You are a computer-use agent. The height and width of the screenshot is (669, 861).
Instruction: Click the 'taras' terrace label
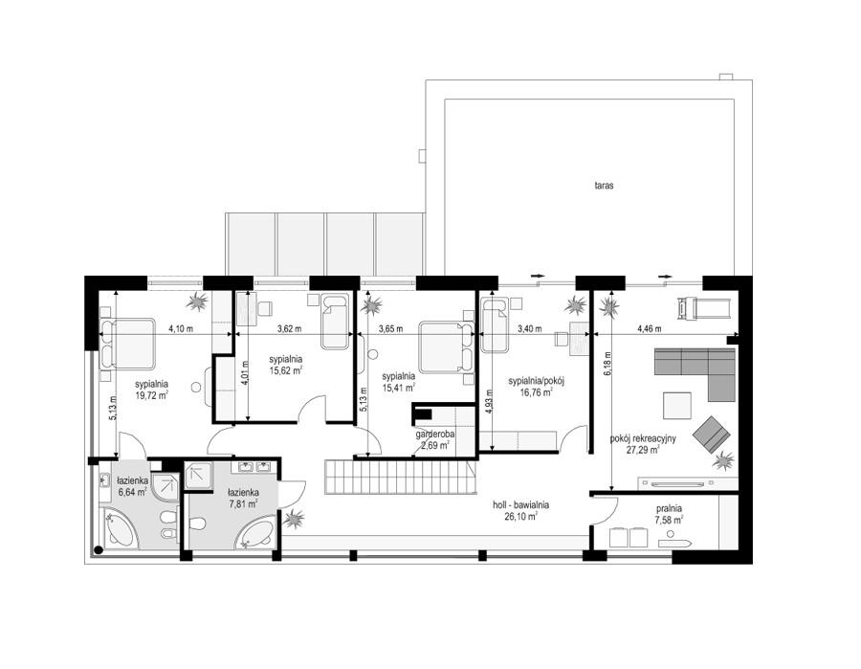[604, 186]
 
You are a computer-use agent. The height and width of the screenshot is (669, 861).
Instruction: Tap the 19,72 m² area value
[151, 393]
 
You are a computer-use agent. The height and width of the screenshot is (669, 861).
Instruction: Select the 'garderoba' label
[435, 435]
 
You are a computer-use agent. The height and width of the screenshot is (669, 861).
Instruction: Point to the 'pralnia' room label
[669, 508]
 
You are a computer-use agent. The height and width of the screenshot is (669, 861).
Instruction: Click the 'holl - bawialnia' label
[521, 505]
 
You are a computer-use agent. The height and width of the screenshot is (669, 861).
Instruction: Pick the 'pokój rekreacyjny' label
[643, 439]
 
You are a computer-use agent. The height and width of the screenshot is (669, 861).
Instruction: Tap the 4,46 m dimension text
[649, 329]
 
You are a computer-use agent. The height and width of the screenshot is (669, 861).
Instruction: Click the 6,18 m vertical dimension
[607, 364]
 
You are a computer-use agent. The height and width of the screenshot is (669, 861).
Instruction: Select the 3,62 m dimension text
[289, 329]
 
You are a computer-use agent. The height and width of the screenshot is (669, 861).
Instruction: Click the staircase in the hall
[401, 478]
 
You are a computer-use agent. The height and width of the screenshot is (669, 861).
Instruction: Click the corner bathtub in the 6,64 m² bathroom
[119, 528]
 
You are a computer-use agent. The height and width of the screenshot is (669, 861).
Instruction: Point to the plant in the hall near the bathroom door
[295, 519]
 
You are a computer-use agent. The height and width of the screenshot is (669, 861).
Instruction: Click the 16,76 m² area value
[536, 391]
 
